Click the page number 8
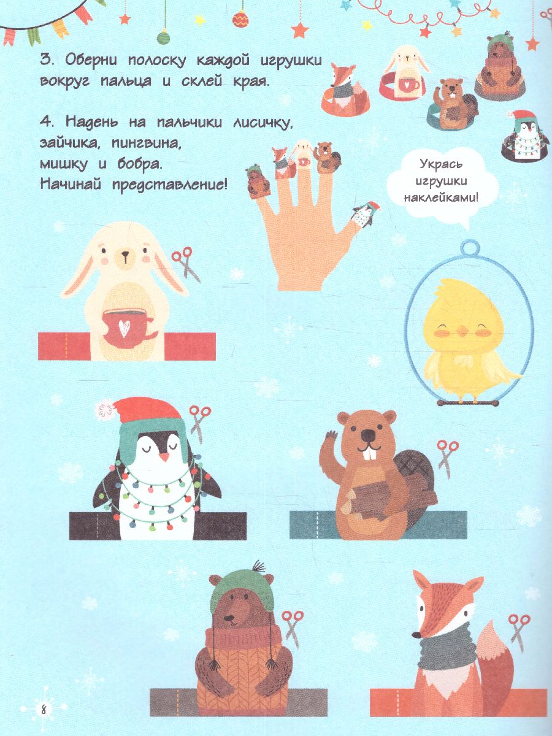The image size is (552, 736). pos(44,710)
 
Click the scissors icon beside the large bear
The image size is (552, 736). pos(293,626)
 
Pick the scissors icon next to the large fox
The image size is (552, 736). pos(519,630)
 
